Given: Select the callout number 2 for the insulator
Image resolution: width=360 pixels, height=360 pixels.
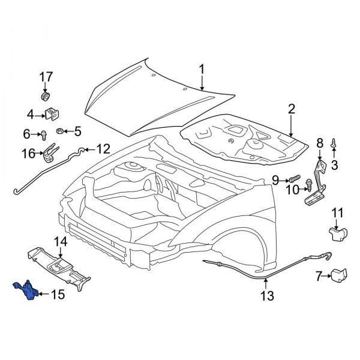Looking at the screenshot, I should point(292,109).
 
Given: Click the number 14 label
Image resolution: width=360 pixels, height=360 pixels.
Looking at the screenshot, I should point(61,242).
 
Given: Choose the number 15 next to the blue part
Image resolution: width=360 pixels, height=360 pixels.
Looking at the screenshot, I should point(57,295).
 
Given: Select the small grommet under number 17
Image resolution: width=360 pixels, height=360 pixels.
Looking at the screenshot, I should point(46,97).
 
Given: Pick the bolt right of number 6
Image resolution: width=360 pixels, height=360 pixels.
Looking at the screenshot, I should point(46,135).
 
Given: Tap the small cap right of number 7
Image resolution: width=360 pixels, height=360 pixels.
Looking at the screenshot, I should point(340,275).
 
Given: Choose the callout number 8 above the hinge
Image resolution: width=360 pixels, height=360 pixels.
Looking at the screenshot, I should point(319,142).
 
